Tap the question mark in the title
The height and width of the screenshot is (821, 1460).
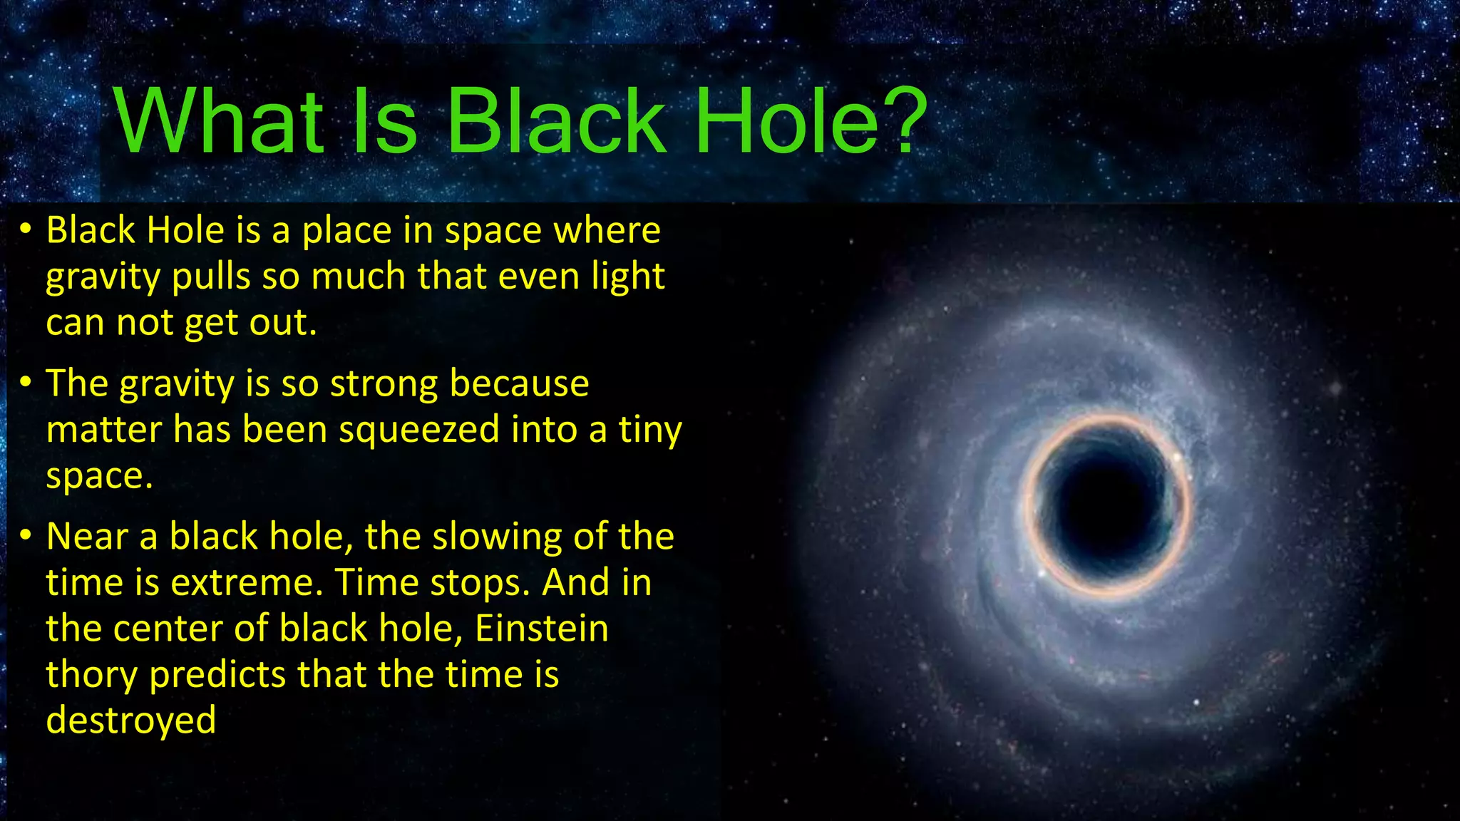(x=904, y=121)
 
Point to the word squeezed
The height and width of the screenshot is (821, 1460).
(x=418, y=431)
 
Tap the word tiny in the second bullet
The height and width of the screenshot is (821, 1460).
(x=649, y=431)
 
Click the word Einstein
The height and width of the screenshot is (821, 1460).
(x=541, y=629)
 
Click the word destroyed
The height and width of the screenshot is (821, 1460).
(x=130, y=720)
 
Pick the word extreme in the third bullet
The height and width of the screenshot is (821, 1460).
(x=247, y=583)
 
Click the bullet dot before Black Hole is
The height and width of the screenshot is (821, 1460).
(x=26, y=229)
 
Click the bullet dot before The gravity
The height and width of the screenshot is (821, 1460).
(x=26, y=383)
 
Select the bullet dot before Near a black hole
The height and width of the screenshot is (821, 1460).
(x=26, y=536)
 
